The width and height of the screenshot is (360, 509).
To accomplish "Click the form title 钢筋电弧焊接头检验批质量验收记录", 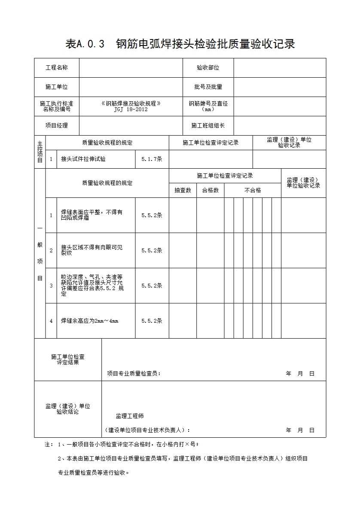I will [x=205, y=44].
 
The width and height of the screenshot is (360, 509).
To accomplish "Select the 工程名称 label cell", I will [x=57, y=68].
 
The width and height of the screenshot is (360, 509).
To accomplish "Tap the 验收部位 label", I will [x=208, y=68].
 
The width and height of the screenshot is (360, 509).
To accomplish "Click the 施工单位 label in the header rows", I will [x=57, y=87].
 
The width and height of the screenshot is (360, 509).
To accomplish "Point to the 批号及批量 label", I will [x=208, y=87].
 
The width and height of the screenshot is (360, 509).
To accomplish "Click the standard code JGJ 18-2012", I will [x=131, y=109].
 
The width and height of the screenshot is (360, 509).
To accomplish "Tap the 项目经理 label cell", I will [x=57, y=126].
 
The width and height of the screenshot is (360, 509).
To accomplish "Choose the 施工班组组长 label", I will [x=208, y=126].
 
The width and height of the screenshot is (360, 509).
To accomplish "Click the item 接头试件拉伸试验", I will [x=83, y=159].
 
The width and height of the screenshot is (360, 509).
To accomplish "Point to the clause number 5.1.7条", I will [x=152, y=159].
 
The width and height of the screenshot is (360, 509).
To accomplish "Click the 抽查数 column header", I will [x=183, y=191].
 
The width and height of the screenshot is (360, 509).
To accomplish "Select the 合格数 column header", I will [x=211, y=191].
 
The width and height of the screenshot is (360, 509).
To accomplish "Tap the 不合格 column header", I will [x=253, y=191].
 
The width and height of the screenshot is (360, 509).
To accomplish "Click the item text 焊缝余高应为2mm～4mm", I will [x=89, y=321].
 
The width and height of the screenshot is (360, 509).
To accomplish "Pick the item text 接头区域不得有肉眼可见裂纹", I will [x=92, y=250].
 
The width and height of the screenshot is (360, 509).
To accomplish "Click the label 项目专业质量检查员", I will [x=134, y=374].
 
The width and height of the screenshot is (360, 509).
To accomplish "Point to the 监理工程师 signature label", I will [x=130, y=416].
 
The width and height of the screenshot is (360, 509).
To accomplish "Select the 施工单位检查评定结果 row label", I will [x=68, y=360].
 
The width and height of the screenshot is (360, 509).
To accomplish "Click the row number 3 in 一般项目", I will [x=51, y=286].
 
